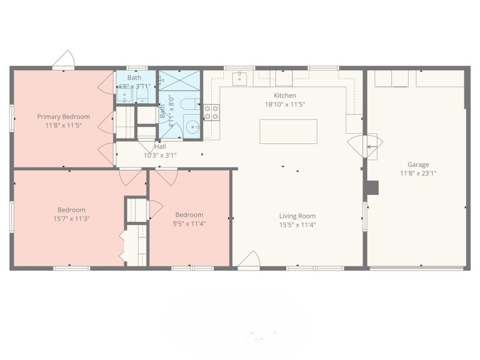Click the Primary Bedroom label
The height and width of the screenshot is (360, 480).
click(x=63, y=116)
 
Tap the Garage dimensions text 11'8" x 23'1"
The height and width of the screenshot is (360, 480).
click(x=418, y=173)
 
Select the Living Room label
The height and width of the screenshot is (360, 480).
click(x=297, y=216)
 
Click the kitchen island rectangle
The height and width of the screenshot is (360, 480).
click(x=288, y=131)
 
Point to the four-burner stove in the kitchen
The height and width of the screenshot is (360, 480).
click(x=212, y=112)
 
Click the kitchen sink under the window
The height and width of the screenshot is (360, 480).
click(x=239, y=77)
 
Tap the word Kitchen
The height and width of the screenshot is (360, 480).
click(x=285, y=95)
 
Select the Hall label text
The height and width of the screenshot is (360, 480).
click(x=160, y=146)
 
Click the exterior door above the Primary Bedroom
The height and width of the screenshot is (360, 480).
click(x=62, y=60)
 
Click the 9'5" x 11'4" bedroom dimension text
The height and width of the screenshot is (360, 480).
click(x=189, y=224)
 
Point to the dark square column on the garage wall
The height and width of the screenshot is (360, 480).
click(x=373, y=188)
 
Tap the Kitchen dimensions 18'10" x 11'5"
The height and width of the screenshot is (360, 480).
click(x=285, y=104)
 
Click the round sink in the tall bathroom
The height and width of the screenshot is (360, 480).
click(x=191, y=127)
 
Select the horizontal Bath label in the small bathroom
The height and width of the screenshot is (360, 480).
click(x=134, y=77)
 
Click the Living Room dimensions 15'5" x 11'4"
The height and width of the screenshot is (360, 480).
click(x=297, y=225)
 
